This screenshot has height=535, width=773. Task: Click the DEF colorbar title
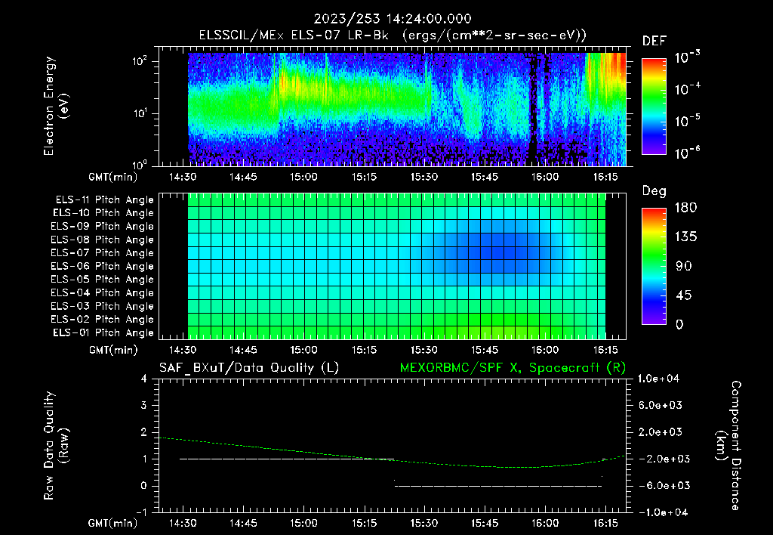[654, 41]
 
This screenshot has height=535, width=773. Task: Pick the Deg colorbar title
[654, 191]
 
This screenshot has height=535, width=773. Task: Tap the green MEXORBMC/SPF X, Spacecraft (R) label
[512, 368]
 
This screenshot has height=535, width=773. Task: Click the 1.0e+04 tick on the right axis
[661, 379]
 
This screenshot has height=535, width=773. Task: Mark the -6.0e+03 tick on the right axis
[661, 486]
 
